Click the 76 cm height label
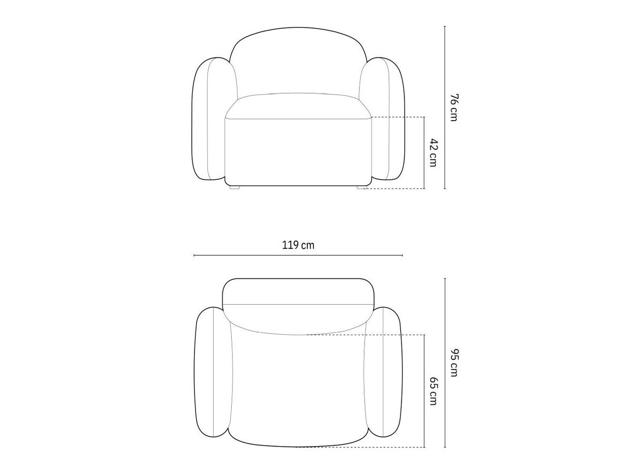454,107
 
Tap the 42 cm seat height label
433,153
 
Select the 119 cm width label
298,245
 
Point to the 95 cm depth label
454,362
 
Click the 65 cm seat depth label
433,391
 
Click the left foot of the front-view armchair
234,187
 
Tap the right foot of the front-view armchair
362,187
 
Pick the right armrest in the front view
383,119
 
